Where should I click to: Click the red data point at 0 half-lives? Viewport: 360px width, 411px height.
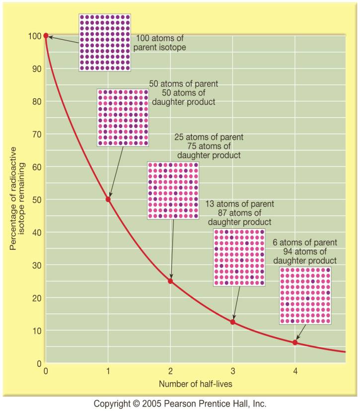[x=46, y=36]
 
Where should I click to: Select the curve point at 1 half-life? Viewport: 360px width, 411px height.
[x=108, y=199]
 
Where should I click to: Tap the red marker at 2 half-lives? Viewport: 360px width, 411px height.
[x=171, y=281]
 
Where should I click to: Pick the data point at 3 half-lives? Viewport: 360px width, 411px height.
[x=233, y=322]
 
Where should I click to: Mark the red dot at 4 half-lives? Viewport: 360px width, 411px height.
[x=295, y=342]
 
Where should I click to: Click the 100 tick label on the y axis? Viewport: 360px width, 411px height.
[x=34, y=36]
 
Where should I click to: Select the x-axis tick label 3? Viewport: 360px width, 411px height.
[x=233, y=371]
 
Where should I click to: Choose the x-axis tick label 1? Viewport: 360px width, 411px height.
[x=108, y=371]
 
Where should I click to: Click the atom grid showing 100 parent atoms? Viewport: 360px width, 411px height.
[x=105, y=42]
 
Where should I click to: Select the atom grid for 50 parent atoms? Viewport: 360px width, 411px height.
[x=123, y=118]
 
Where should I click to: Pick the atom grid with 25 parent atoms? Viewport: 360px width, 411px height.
[x=173, y=190]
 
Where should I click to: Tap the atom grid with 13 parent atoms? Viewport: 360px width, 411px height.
[x=239, y=257]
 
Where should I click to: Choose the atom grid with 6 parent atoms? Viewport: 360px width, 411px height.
[x=305, y=296]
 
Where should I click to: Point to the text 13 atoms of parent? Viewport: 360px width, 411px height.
[x=240, y=204]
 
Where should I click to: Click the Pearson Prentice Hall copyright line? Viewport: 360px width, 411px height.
[x=180, y=403]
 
